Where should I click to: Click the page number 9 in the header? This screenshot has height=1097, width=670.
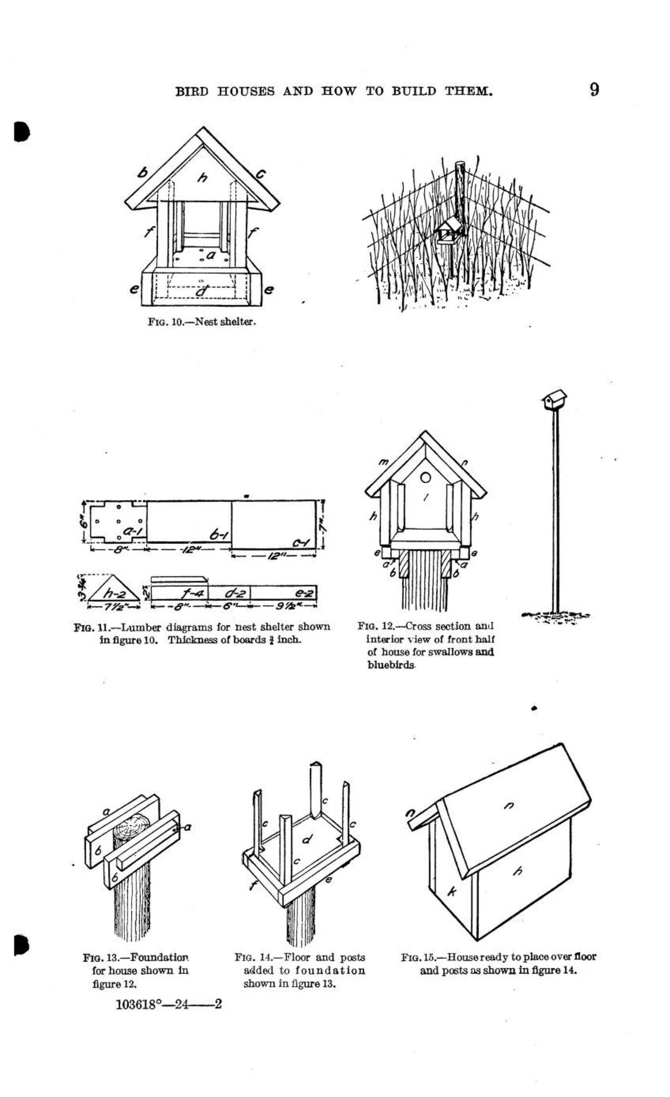coord(594,90)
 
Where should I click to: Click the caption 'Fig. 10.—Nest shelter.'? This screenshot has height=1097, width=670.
coord(201,322)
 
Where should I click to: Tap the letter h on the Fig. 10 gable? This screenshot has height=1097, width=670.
coord(202,176)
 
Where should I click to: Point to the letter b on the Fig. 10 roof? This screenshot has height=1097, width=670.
coord(142,172)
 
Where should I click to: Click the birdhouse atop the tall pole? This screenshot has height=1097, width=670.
coord(553,400)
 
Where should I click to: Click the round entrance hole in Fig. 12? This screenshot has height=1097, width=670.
coord(426,477)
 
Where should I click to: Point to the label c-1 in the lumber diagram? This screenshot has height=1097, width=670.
coord(301,542)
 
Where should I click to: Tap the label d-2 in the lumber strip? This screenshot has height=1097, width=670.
coord(230,593)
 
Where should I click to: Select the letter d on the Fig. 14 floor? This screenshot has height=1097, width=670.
coord(306,841)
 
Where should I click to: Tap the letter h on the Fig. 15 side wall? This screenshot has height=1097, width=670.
coord(517,871)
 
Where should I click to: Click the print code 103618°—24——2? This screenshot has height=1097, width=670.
coord(169,1004)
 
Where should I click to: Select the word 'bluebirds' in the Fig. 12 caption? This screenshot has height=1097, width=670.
coord(391,665)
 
